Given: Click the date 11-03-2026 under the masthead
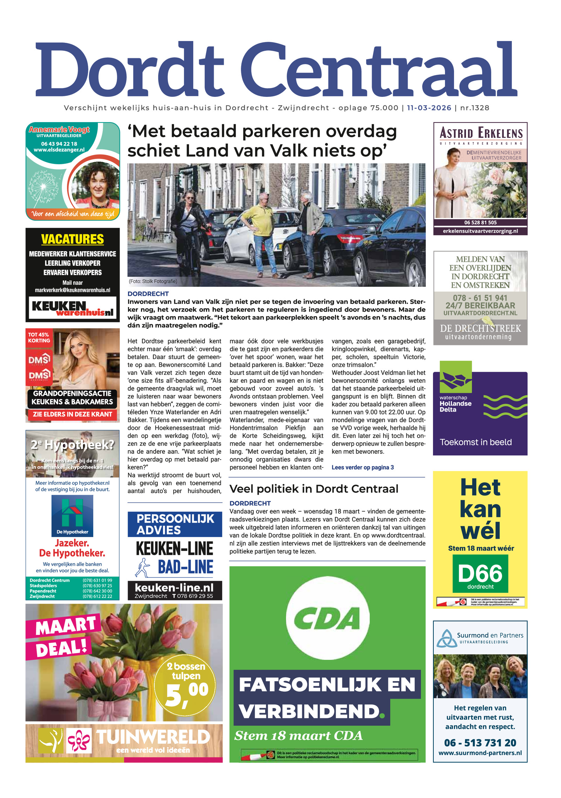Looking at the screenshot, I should point(429,108).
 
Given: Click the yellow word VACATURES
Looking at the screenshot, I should point(73,239).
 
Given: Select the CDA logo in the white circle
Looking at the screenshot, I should point(327,618).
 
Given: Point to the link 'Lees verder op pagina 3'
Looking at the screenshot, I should point(363,467).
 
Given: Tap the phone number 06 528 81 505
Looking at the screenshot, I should point(480,222).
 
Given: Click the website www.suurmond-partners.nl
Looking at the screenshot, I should point(480,753).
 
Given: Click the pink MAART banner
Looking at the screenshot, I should point(65,626).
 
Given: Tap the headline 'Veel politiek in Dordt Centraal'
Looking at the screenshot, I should point(314,489).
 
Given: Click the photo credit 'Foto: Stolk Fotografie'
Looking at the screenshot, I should point(153,281).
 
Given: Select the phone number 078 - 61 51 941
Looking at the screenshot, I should point(480,298).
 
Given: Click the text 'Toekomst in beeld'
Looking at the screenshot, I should point(476,442).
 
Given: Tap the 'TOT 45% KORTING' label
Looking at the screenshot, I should point(39,338).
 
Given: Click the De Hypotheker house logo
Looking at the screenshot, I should point(72,515).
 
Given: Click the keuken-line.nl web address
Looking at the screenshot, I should point(174,587).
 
